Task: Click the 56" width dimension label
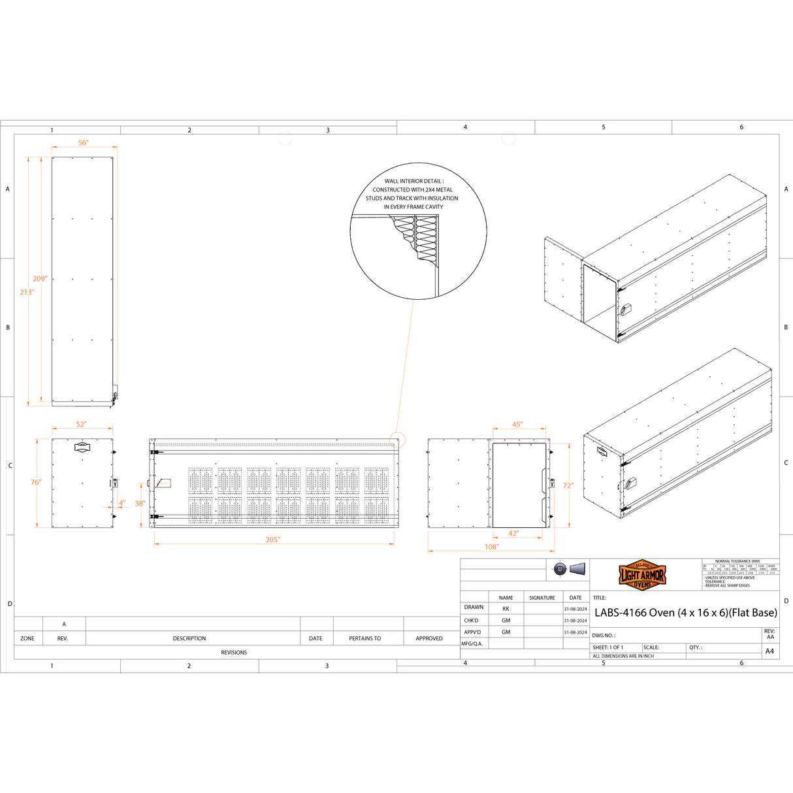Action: click(84, 142)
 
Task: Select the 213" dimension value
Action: click(27, 292)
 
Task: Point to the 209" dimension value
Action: click(40, 279)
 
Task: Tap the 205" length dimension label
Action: click(273, 540)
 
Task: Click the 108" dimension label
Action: click(491, 547)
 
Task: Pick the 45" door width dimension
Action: click(517, 425)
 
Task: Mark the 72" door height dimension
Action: click(568, 485)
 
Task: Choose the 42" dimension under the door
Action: click(514, 534)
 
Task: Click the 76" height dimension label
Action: click(36, 482)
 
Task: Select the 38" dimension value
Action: click(140, 504)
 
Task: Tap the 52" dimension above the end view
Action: click(81, 424)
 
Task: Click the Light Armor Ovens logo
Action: click(642, 575)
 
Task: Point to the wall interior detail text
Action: click(413, 194)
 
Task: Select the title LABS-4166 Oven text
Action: click(685, 613)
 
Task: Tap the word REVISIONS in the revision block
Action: click(234, 653)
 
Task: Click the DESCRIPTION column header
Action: click(189, 638)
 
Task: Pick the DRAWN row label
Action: click(474, 607)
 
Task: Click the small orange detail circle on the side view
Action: click(398, 440)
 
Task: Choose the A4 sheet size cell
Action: click(769, 651)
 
